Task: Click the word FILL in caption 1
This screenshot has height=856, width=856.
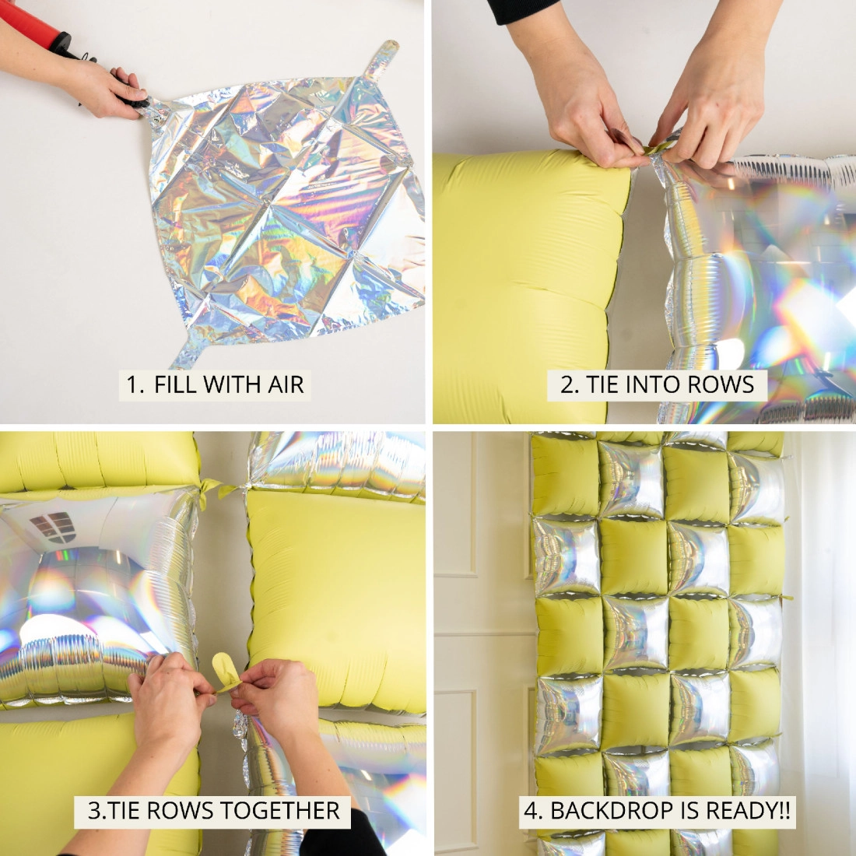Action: (177, 384)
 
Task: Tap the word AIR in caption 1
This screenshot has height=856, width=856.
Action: (283, 384)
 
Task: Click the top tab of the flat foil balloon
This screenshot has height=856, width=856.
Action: (381, 58)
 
